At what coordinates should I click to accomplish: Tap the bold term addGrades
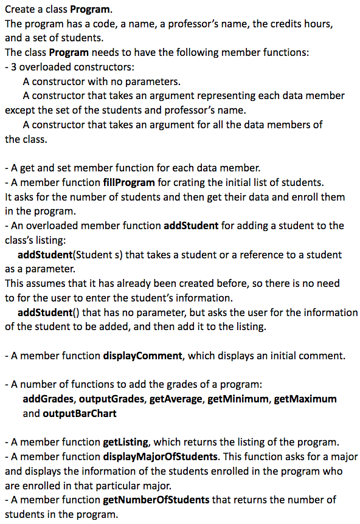tap(49, 399)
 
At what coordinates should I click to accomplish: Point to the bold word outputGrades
tap(109, 399)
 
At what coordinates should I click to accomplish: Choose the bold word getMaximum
tap(305, 399)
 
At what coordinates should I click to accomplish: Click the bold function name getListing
tap(126, 442)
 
